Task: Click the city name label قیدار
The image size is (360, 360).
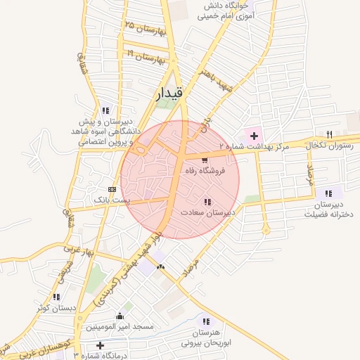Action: tap(169, 92)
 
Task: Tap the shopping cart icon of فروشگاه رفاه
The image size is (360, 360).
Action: tap(205, 160)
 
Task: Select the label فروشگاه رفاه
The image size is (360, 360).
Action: tap(205, 171)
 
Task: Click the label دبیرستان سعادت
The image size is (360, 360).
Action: tap(207, 212)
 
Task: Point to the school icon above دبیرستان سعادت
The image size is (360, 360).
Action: tap(206, 201)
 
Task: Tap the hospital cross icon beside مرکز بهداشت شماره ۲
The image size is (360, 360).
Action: tap(253, 134)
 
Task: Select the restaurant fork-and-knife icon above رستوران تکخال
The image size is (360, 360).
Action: tap(329, 134)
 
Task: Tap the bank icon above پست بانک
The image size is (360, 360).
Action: tap(112, 189)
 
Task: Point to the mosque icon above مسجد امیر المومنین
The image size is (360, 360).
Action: tap(119, 316)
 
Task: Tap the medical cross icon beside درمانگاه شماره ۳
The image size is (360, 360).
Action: tap(102, 345)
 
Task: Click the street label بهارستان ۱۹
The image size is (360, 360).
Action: tap(144, 55)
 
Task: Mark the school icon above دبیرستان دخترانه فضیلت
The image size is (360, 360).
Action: tap(328, 192)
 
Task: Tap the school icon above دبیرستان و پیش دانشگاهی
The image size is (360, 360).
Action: tap(106, 110)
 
